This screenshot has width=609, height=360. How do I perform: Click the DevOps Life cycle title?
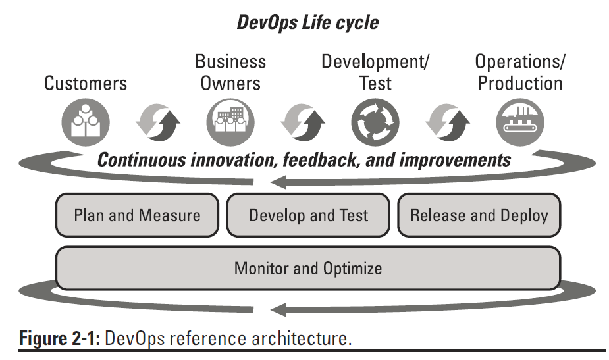[307, 22]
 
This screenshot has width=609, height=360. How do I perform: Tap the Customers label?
[86, 83]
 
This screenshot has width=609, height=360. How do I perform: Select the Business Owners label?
[230, 72]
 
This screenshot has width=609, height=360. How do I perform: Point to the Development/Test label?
[375, 72]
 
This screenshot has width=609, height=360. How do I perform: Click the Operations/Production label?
[520, 72]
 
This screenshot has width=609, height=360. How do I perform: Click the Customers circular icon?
[86, 122]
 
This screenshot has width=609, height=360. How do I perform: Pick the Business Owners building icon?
[230, 122]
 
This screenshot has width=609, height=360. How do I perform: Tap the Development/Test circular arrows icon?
[375, 122]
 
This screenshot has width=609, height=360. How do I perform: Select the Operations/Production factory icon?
[520, 122]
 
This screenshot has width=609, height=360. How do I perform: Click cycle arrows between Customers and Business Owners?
[158, 122]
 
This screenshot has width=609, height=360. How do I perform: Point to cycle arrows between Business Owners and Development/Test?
[303, 122]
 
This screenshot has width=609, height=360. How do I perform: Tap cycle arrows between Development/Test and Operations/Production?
[448, 122]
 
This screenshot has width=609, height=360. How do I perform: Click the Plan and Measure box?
[137, 215]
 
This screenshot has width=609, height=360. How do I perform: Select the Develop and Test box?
[308, 215]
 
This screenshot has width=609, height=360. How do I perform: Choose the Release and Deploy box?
[479, 215]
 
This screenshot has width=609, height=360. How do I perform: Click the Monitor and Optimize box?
[308, 268]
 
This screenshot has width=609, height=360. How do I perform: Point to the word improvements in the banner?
[455, 161]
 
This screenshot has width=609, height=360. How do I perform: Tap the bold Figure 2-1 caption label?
[59, 338]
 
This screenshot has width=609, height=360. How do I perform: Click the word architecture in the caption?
[302, 338]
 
